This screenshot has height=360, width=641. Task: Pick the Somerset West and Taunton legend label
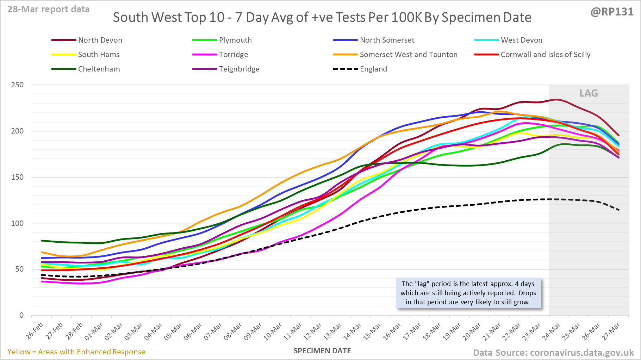pos(409,55)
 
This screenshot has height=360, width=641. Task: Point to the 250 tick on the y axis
pos(17,85)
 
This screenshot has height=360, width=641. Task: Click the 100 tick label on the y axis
pos(17,223)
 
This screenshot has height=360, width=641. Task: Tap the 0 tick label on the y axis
pos(21,315)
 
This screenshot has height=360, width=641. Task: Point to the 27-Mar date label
pos(611,331)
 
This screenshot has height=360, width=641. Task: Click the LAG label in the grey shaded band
pos(589,93)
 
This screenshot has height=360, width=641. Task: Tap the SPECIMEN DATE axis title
pos(322,351)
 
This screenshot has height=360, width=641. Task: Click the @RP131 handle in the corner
pos(612,12)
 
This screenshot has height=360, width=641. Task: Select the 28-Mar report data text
pos(49,10)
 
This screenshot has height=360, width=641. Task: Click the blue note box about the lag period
pos(468,293)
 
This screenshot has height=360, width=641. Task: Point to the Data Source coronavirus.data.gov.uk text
pos(553,353)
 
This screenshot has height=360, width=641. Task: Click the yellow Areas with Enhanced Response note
pos(76,352)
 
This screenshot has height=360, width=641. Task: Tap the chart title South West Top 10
pos(322,18)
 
